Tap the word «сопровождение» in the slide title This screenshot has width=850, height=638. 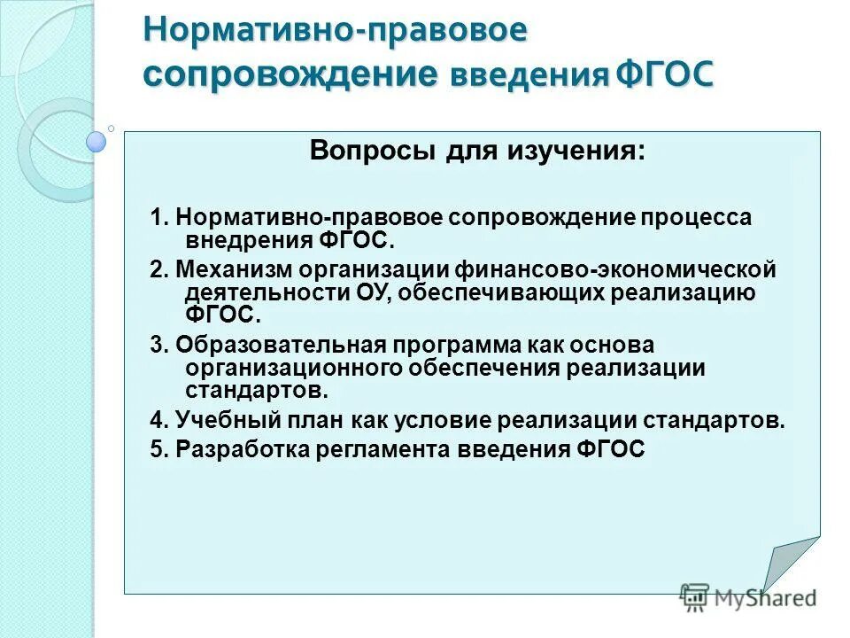(291, 73)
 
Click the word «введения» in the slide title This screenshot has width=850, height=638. (529, 75)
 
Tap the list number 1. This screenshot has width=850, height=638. (156, 218)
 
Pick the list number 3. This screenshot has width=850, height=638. (156, 345)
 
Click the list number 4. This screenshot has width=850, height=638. (156, 420)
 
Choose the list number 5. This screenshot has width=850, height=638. (156, 449)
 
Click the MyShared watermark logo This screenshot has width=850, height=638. (747, 597)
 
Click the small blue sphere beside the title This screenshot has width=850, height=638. (97, 141)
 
